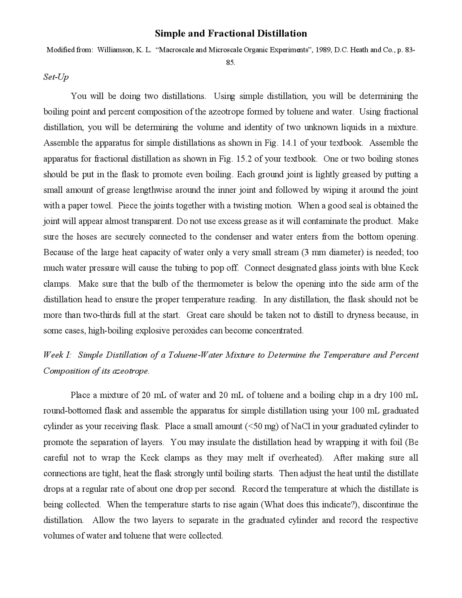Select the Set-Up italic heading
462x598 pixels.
(56, 77)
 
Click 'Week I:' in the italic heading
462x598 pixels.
(57, 355)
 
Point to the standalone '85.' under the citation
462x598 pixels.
(231, 62)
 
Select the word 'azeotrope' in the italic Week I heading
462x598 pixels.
(131, 371)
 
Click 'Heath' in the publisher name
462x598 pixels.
(359, 50)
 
